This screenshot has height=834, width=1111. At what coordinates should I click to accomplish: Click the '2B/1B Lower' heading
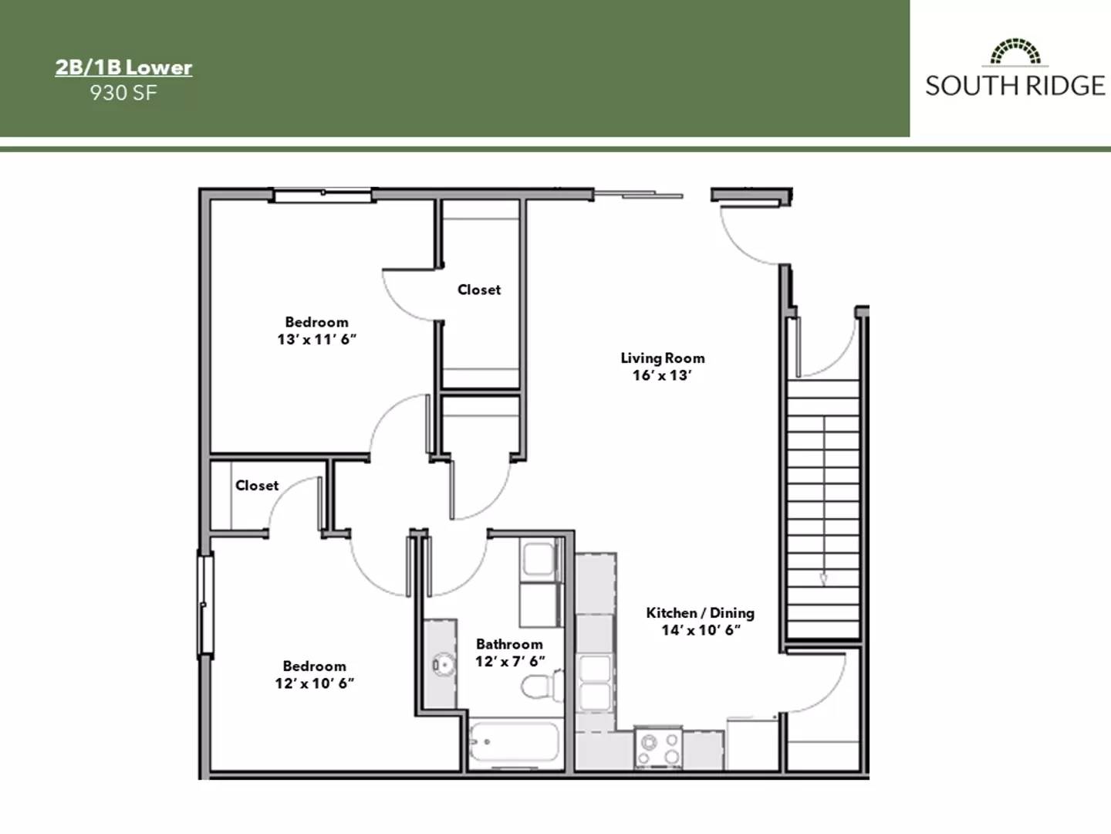point(123,68)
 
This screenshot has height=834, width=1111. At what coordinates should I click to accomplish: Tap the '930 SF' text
point(123,93)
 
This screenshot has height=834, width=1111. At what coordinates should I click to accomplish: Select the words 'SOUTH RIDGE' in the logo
point(1015,85)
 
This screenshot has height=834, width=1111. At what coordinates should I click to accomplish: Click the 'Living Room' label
point(663,358)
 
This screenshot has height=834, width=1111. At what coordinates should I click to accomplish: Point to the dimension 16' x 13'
point(662,376)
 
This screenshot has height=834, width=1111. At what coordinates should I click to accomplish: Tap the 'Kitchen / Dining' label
point(700,613)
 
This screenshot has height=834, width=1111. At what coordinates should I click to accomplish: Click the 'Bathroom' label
point(509,644)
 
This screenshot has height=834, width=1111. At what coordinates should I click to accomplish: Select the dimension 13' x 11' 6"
point(316,340)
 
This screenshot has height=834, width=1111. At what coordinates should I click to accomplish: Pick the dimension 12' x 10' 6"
point(314,683)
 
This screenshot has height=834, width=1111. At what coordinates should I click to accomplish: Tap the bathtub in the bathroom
point(514,744)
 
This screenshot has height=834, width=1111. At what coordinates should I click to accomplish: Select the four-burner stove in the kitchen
point(658,748)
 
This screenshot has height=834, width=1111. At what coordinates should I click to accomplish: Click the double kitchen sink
point(596,683)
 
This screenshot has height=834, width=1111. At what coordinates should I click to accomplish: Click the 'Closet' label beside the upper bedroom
point(479,290)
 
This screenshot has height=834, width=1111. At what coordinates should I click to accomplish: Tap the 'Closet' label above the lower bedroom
point(257,486)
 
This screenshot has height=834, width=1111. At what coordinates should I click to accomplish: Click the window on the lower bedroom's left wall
point(205,605)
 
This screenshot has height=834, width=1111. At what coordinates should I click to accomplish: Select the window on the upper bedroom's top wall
point(322,195)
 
